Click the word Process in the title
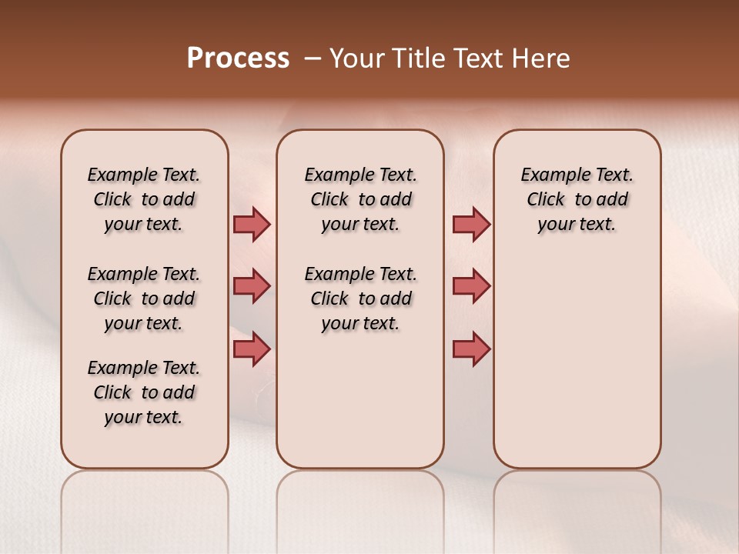click(x=238, y=58)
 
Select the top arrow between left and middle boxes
click(x=251, y=224)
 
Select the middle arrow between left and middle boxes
click(x=251, y=286)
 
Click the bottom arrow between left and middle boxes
click(x=251, y=349)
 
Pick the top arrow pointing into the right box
click(x=470, y=224)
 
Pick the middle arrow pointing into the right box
click(x=470, y=286)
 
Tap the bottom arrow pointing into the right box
click(x=470, y=349)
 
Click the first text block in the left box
click(x=144, y=199)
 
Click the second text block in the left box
click(x=144, y=299)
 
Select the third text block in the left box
click(x=144, y=392)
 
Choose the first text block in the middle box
click(x=360, y=199)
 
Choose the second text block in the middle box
click(x=360, y=299)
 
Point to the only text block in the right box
click(x=577, y=199)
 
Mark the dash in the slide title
click(x=313, y=58)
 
